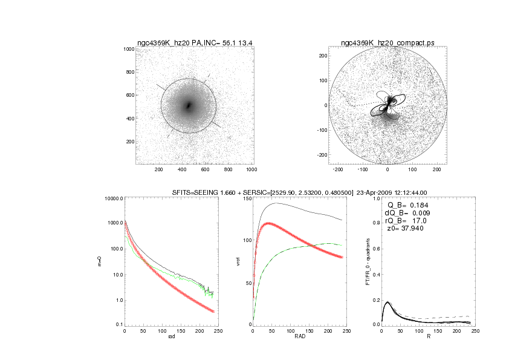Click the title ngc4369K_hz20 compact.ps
coord(387,42)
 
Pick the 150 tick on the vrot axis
coord(245,198)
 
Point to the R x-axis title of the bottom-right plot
coord(428,338)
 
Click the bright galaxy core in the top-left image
coord(189,105)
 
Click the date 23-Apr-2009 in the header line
coord(374,193)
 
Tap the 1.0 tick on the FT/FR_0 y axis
coord(375,198)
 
